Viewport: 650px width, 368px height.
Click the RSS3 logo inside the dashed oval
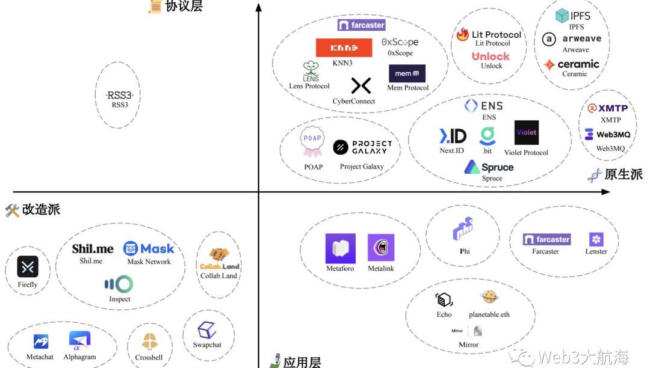tap(120, 95)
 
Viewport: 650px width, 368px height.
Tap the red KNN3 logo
tap(344, 48)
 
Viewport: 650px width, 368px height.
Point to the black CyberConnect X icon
tap(361, 85)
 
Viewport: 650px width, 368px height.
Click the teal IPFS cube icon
tap(562, 15)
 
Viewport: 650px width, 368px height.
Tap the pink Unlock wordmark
tap(491, 56)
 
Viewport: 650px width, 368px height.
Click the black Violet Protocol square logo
tap(526, 132)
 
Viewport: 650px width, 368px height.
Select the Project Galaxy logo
tap(362, 147)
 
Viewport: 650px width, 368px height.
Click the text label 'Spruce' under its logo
tap(492, 179)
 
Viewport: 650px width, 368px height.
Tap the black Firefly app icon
tap(28, 266)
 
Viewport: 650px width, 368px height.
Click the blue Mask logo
tap(149, 248)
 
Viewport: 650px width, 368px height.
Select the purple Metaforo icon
tap(340, 248)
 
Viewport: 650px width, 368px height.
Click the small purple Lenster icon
tap(596, 239)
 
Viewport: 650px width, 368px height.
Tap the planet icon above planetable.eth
tap(488, 297)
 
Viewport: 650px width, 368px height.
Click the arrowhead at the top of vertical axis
tap(259, 7)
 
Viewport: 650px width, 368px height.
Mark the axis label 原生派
tap(624, 174)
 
